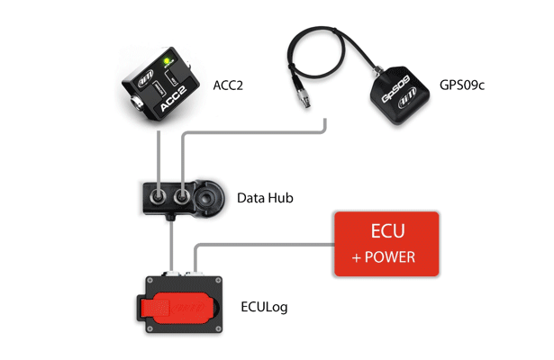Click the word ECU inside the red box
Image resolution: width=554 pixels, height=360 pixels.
coord(386,231)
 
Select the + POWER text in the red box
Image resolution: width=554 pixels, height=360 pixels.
coord(386,257)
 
